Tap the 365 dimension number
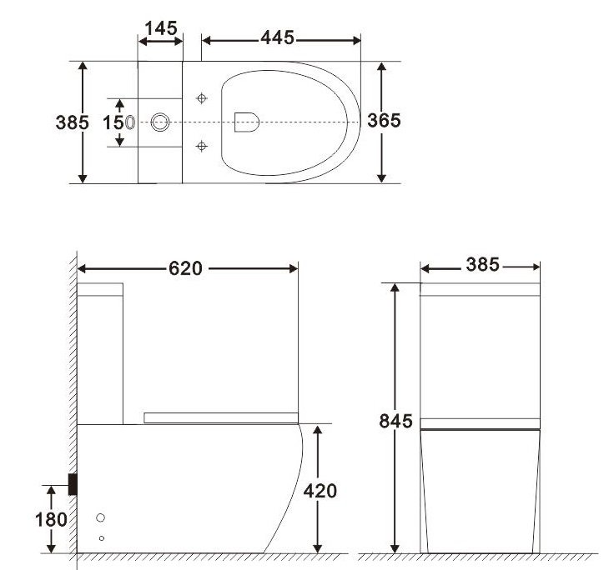pos(384,120)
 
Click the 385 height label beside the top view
pos(72,122)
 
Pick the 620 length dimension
pos(185,268)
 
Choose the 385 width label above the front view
pos(482,266)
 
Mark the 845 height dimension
pos(395,422)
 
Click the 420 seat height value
pos(320,492)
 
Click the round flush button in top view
pos(161,122)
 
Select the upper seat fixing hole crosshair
pos(200,98)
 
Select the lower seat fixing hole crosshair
pos(200,147)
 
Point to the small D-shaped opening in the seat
pos(246,122)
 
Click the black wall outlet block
pos(73,483)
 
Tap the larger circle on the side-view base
pos(102,517)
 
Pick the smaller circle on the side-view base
pos(102,537)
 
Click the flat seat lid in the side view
pos(220,416)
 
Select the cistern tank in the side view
pos(100,350)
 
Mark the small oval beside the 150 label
pos(130,122)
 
